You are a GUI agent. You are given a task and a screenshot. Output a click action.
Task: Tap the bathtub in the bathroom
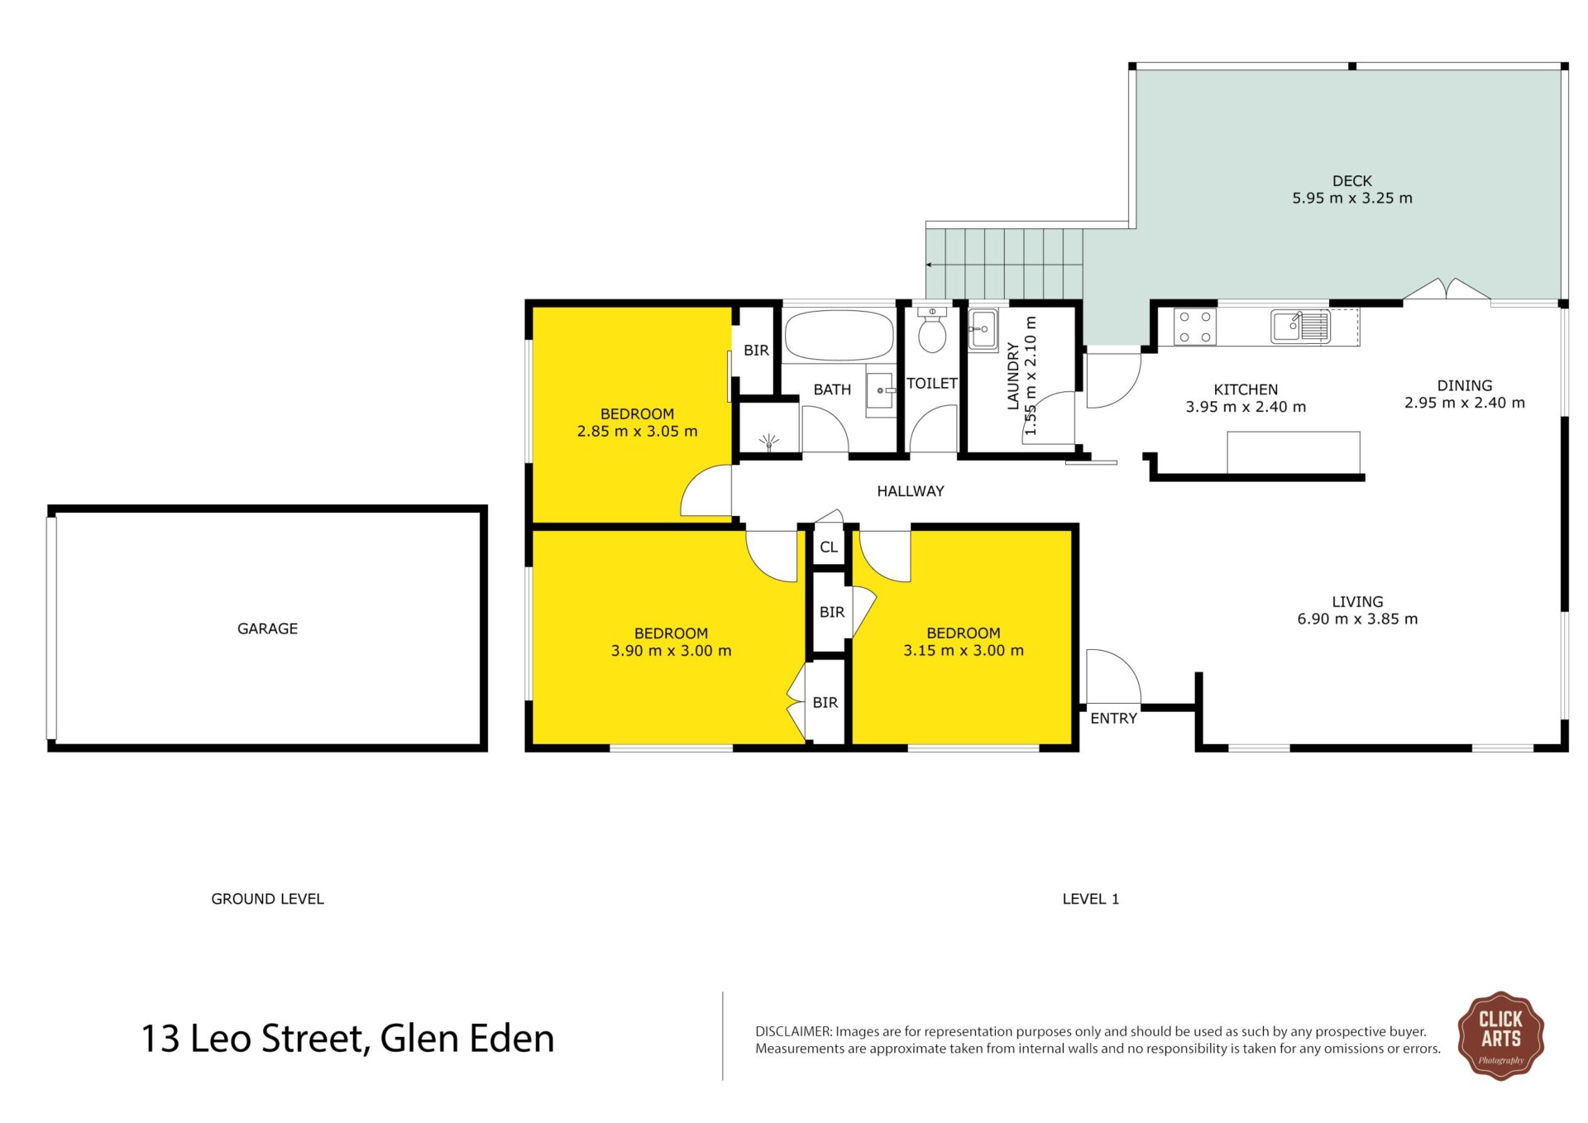coord(839,335)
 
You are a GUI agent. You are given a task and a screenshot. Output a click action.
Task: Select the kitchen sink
coord(1300,326)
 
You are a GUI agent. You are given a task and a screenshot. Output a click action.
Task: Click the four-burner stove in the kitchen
coord(1195,326)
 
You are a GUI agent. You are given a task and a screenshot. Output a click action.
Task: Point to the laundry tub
coord(983,330)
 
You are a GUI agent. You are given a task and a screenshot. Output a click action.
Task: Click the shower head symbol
coord(769,442)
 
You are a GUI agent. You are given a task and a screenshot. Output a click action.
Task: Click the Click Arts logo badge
coord(1500,1035)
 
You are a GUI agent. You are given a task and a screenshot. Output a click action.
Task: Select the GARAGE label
coord(267,628)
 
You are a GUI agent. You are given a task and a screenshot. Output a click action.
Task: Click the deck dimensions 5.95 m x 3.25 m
coord(1352,198)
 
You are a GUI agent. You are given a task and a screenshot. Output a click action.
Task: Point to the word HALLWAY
coord(910,491)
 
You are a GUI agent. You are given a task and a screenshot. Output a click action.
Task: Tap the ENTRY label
coord(1113,719)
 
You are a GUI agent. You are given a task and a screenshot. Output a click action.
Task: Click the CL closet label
coord(829,547)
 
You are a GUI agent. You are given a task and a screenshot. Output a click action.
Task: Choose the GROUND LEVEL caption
coord(267,899)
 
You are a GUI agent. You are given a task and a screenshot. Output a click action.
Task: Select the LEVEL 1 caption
coord(1090,899)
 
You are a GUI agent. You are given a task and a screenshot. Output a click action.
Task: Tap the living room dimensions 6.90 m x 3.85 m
coord(1357,619)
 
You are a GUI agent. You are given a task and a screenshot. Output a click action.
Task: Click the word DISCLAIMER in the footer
coord(793,1031)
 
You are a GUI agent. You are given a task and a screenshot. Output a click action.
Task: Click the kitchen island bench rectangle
coord(1294,452)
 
